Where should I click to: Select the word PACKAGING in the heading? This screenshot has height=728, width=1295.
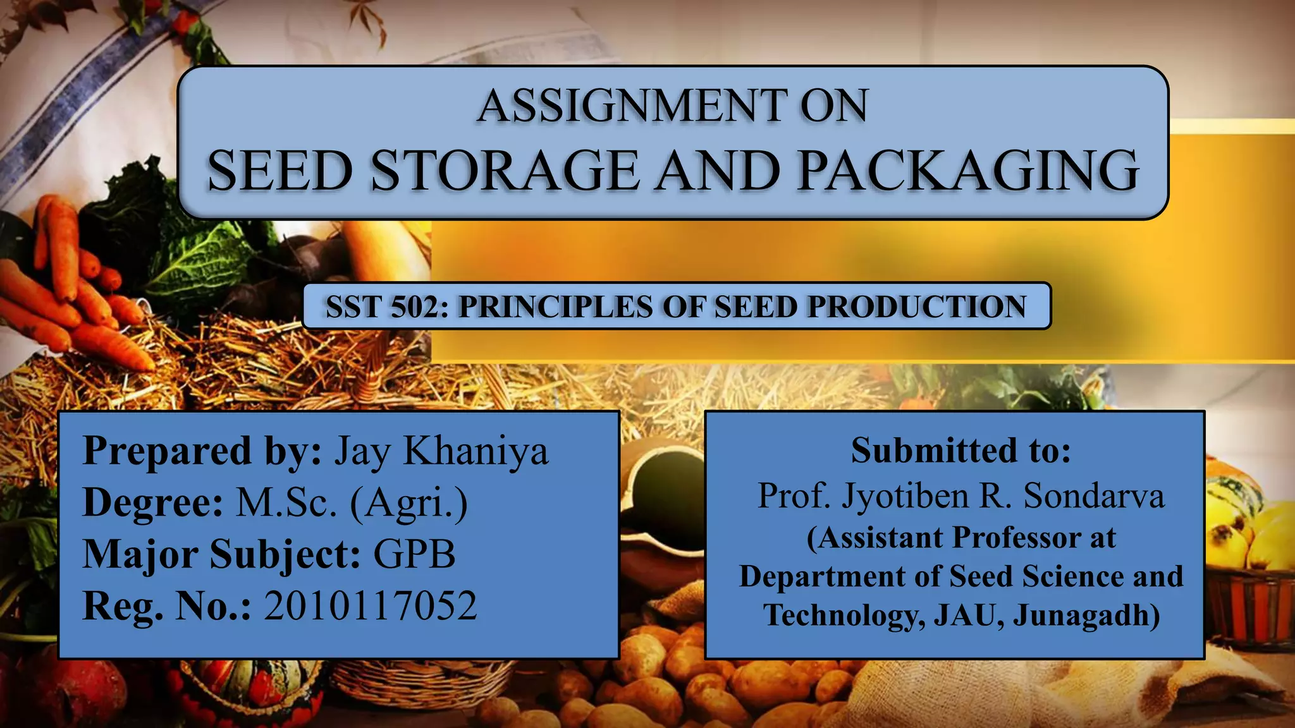click(967, 170)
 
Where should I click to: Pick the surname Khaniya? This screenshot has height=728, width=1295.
click(476, 452)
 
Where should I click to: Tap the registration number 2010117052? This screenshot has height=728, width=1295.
click(370, 606)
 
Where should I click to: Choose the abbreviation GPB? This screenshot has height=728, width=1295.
click(414, 554)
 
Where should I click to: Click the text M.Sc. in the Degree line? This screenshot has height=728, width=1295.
click(286, 503)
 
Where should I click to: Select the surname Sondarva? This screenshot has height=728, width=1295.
click(1094, 495)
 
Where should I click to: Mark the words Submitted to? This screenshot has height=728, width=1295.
click(961, 451)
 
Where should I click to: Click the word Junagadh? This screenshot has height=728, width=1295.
click(1086, 616)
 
